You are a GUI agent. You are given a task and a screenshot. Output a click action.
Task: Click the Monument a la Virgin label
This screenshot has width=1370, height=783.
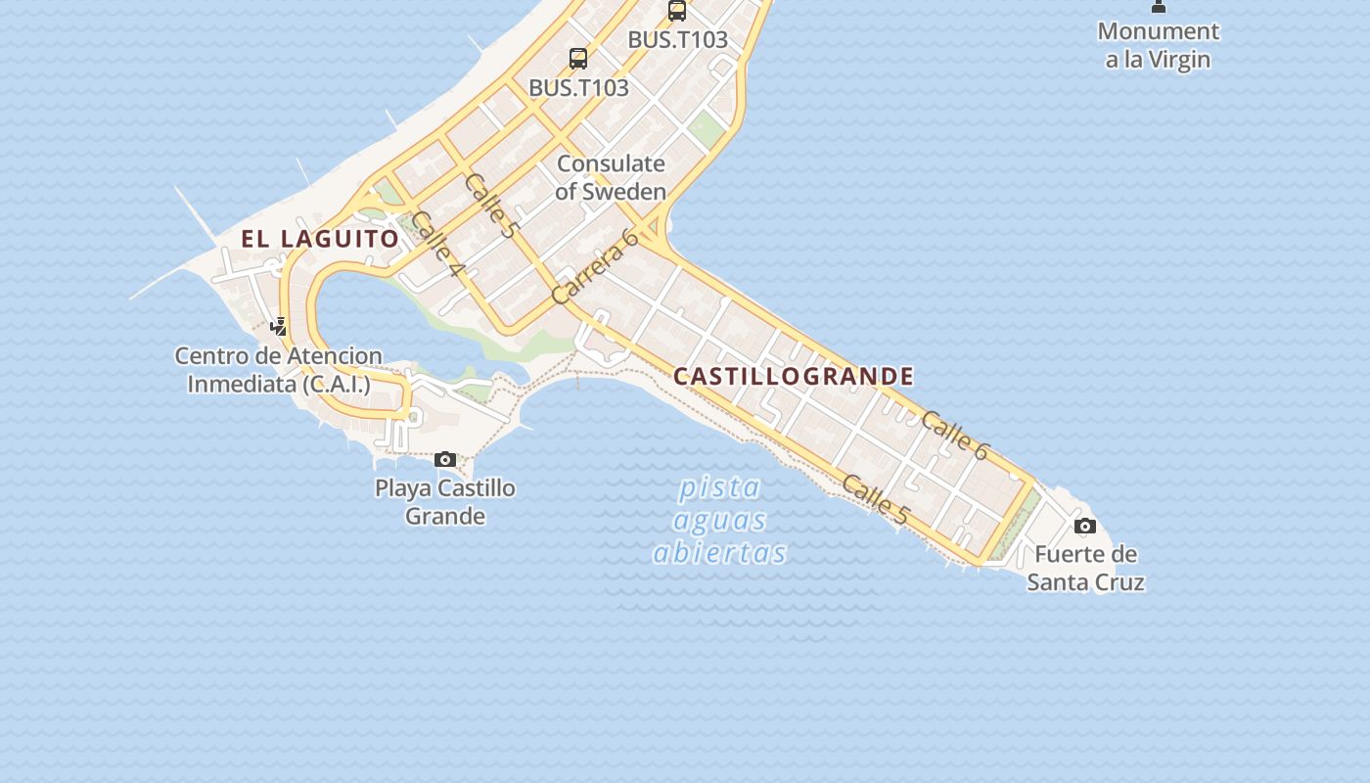tap(1159, 45)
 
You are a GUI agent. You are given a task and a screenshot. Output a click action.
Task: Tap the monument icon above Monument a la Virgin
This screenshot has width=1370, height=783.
tap(1159, 6)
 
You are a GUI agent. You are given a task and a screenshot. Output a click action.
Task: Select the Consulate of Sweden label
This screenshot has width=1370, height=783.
tap(611, 177)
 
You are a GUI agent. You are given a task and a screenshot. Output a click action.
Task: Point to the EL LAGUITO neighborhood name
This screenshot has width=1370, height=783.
tap(320, 239)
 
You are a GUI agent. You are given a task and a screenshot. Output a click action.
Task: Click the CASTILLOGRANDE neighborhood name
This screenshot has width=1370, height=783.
tap(794, 377)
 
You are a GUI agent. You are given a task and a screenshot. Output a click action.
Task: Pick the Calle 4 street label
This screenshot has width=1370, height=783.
tap(436, 243)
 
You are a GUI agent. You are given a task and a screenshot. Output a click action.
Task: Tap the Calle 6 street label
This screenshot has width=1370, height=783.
tap(956, 436)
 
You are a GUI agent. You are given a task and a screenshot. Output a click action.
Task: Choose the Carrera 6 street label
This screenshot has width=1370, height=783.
tap(595, 266)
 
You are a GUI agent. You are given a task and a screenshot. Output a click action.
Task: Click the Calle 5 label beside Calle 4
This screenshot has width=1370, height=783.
tap(490, 206)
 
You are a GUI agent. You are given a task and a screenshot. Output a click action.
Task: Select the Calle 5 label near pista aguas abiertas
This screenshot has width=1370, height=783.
tap(875, 498)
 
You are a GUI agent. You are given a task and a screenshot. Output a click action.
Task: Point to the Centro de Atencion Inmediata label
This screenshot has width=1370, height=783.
tap(279, 369)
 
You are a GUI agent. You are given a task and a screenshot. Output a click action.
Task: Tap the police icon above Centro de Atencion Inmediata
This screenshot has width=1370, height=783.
tap(279, 326)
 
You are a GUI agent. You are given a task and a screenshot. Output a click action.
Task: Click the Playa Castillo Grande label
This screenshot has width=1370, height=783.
tap(445, 501)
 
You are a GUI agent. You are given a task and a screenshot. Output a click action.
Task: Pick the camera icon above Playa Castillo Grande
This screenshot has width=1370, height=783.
tap(445, 459)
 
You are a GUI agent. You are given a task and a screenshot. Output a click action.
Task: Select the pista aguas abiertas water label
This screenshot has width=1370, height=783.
tap(720, 520)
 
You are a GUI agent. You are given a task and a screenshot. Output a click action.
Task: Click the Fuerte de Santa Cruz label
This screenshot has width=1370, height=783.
tap(1085, 568)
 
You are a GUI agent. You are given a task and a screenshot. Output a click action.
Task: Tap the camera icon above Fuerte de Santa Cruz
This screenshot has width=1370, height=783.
tap(1085, 527)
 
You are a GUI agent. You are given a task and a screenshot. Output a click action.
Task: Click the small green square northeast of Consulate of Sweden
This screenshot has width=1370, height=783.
tap(705, 128)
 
